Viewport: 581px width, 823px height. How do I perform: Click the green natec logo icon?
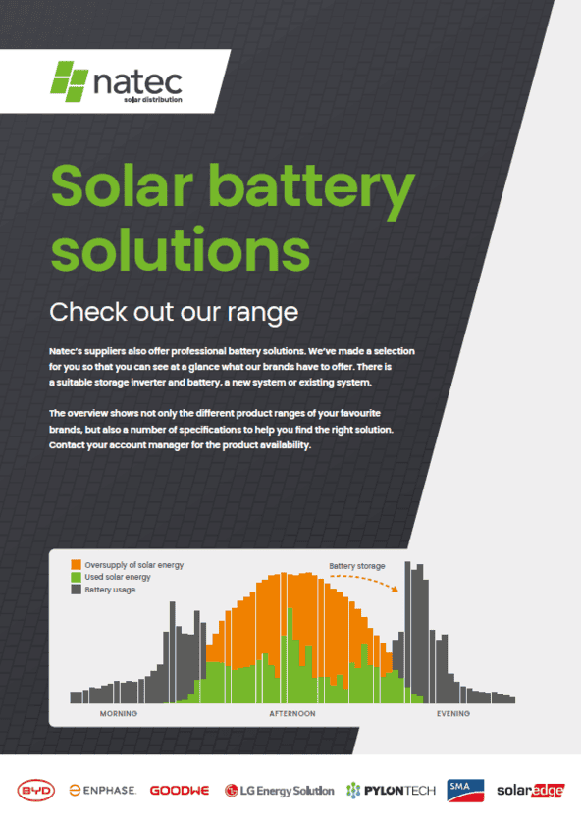pos(69,81)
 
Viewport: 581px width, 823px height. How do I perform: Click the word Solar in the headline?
pos(122,185)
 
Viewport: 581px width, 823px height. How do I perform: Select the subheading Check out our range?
pos(174,313)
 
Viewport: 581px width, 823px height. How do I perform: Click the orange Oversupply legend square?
pos(77,565)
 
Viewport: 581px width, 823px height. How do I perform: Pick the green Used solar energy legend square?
pos(77,577)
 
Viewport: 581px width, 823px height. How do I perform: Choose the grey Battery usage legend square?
pos(77,590)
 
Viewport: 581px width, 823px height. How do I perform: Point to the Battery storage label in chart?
pos(357,566)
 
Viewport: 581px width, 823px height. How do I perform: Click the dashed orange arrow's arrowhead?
pos(395,589)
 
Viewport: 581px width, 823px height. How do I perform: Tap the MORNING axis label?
pos(119,714)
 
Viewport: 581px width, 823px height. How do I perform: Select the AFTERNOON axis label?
pos(292,714)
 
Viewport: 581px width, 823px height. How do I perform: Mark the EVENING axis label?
pos(453,714)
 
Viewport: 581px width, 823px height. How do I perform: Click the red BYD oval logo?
pos(35,791)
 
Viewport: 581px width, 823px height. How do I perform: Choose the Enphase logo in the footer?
pos(103,790)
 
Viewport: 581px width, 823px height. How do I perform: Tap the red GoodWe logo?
pos(180,791)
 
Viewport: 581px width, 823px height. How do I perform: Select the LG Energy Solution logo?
pos(279,791)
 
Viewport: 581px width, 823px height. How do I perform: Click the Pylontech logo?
pos(392,791)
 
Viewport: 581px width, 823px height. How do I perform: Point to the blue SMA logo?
pos(465,791)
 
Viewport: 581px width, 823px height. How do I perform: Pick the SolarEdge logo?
pos(531,790)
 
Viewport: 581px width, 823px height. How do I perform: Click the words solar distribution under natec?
pos(153,100)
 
